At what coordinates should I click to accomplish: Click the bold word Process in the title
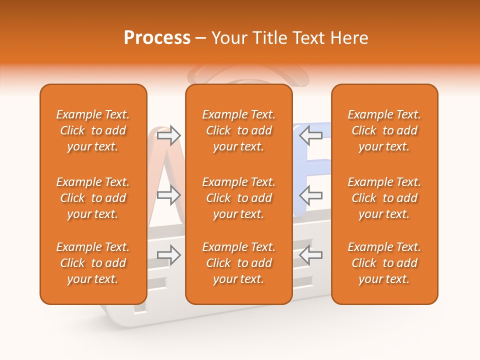[157, 38]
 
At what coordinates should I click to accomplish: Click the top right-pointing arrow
[168, 135]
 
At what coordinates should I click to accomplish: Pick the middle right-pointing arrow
[168, 195]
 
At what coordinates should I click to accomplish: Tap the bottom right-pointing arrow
[168, 255]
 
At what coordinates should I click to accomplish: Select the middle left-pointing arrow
[311, 195]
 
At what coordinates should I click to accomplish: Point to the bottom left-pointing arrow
[311, 255]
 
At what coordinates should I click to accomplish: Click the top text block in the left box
[93, 130]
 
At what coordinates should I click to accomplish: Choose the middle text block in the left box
[93, 198]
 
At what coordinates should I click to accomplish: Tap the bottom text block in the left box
[93, 263]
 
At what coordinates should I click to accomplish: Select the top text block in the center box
[238, 130]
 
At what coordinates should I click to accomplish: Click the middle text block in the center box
[238, 198]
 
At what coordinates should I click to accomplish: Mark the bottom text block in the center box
[238, 263]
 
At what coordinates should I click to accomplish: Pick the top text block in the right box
[384, 130]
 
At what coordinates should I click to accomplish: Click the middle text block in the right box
[384, 198]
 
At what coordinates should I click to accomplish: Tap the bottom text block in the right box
[384, 263]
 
